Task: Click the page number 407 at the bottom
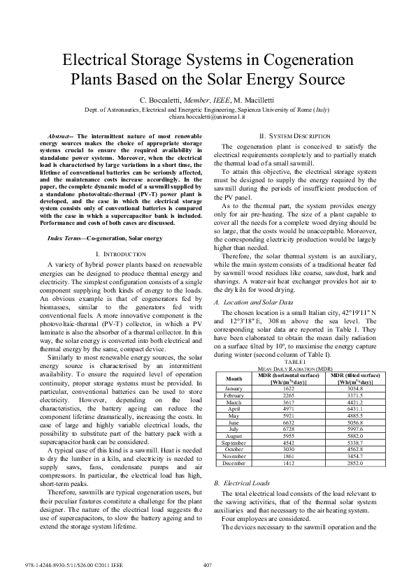click(208, 566)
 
